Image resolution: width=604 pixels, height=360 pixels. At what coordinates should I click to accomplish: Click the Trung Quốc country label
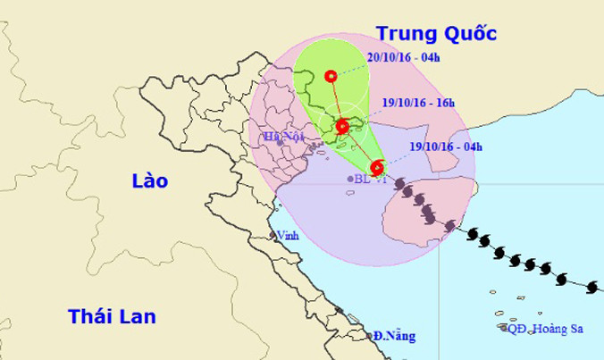[x=436, y=33]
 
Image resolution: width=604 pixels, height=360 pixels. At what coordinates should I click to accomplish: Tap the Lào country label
[x=148, y=180]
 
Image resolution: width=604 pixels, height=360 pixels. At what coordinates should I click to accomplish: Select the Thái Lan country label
[x=112, y=315]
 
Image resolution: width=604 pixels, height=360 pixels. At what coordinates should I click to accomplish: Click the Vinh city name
[x=288, y=235]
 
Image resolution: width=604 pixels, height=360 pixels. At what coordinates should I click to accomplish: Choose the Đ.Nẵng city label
[x=394, y=336]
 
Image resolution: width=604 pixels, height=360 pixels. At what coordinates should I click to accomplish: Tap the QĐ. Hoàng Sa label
[x=546, y=329]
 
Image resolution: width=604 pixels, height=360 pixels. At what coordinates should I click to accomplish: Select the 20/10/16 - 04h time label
[x=403, y=59]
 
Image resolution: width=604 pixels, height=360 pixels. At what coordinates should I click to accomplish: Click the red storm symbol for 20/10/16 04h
[x=332, y=77]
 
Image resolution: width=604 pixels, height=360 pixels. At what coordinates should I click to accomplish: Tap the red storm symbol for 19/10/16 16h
[x=341, y=126]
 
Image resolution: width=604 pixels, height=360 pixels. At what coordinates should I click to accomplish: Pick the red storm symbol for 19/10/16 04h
[x=377, y=167]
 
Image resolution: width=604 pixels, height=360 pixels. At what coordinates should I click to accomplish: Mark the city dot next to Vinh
[x=273, y=235]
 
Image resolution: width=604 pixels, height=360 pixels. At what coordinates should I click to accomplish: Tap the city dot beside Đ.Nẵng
[x=370, y=336]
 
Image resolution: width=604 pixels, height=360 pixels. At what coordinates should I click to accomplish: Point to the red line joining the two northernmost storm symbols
[x=337, y=101]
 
